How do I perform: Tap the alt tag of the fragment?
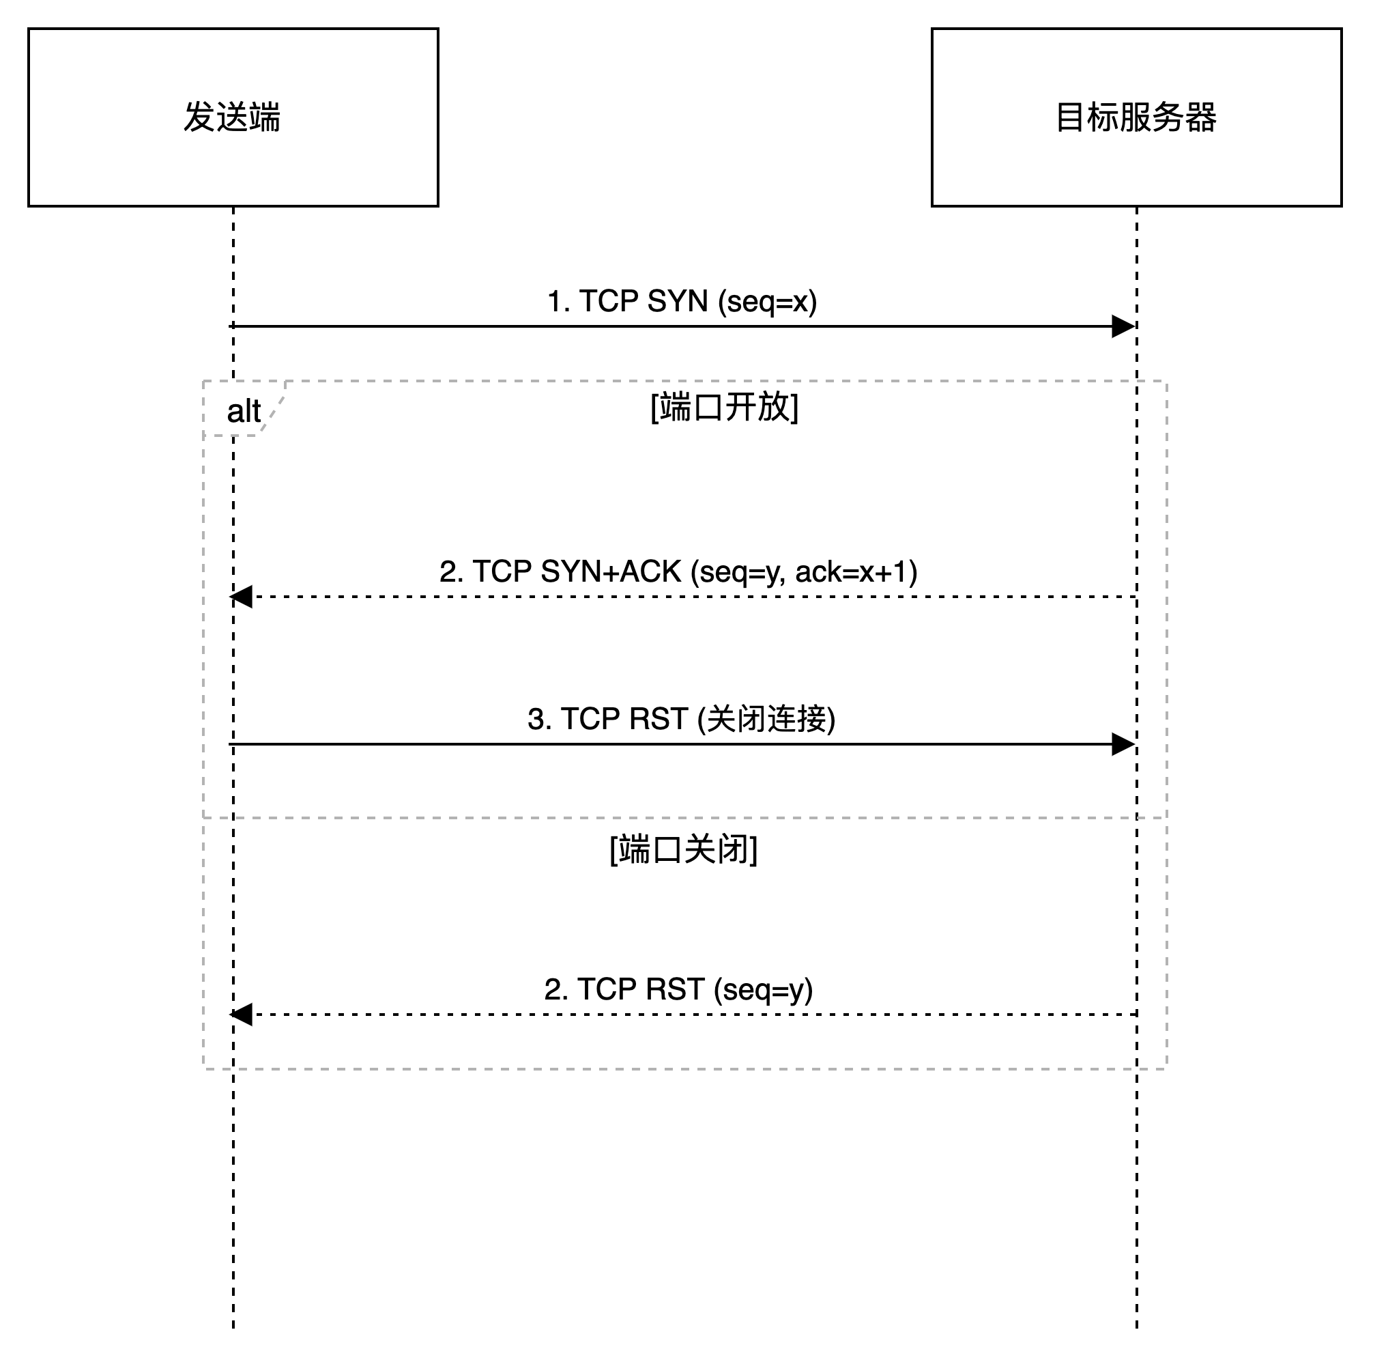(243, 411)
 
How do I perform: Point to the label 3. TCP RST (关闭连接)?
(684, 721)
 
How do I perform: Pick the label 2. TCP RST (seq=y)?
(682, 991)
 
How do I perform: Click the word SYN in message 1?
(677, 302)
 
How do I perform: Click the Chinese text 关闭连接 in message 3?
(768, 720)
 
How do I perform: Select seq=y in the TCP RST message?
(762, 991)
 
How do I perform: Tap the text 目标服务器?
(1136, 117)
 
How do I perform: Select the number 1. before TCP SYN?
(559, 302)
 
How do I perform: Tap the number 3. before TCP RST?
(540, 720)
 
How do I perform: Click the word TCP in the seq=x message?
(608, 302)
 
